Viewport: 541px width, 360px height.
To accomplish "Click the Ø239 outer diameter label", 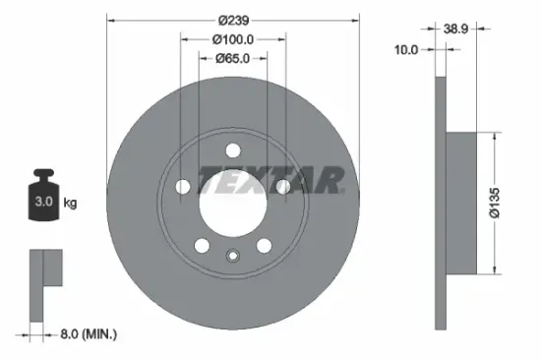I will click(233, 20).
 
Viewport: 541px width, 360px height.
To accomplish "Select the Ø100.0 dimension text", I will click(234, 39).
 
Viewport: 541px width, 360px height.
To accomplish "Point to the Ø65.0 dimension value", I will click(234, 59).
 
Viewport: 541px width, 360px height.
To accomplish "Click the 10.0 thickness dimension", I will click(406, 48).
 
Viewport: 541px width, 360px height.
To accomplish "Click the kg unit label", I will click(70, 203).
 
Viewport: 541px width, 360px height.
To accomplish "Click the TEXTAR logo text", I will click(270, 180).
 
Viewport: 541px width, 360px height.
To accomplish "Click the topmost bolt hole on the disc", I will click(233, 150).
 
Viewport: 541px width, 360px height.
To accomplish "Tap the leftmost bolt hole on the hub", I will click(184, 186).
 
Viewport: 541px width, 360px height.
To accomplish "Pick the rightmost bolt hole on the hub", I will click(282, 186).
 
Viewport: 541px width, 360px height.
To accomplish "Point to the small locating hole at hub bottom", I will click(233, 258).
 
